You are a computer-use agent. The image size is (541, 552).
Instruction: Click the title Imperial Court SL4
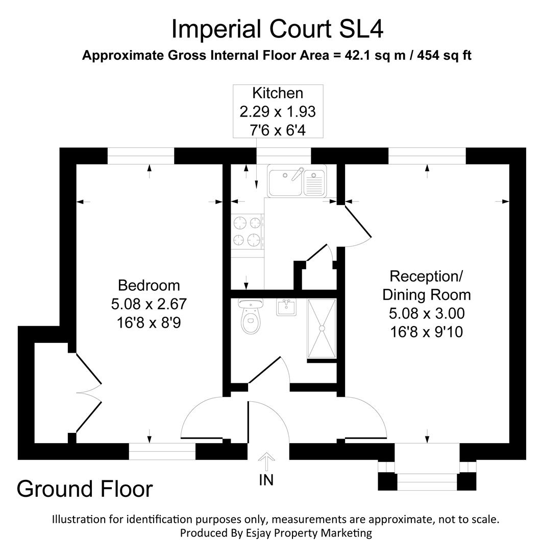tap(277, 29)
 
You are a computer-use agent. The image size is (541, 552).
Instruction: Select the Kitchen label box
tap(278, 111)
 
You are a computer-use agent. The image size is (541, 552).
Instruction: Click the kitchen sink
tap(296, 180)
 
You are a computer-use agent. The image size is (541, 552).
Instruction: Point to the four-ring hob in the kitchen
tap(248, 231)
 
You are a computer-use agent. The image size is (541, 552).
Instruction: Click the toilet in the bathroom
tap(250, 319)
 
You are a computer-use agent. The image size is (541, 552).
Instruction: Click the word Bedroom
tap(149, 285)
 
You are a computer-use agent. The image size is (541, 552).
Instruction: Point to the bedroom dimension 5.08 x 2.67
tap(149, 304)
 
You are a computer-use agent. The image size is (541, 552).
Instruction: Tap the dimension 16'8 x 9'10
tap(427, 332)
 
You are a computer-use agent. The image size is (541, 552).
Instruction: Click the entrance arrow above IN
tap(265, 462)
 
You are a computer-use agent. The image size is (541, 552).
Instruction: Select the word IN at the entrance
tap(266, 480)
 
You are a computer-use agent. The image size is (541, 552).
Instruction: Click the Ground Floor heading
tap(85, 489)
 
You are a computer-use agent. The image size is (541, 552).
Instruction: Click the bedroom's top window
tap(141, 156)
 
